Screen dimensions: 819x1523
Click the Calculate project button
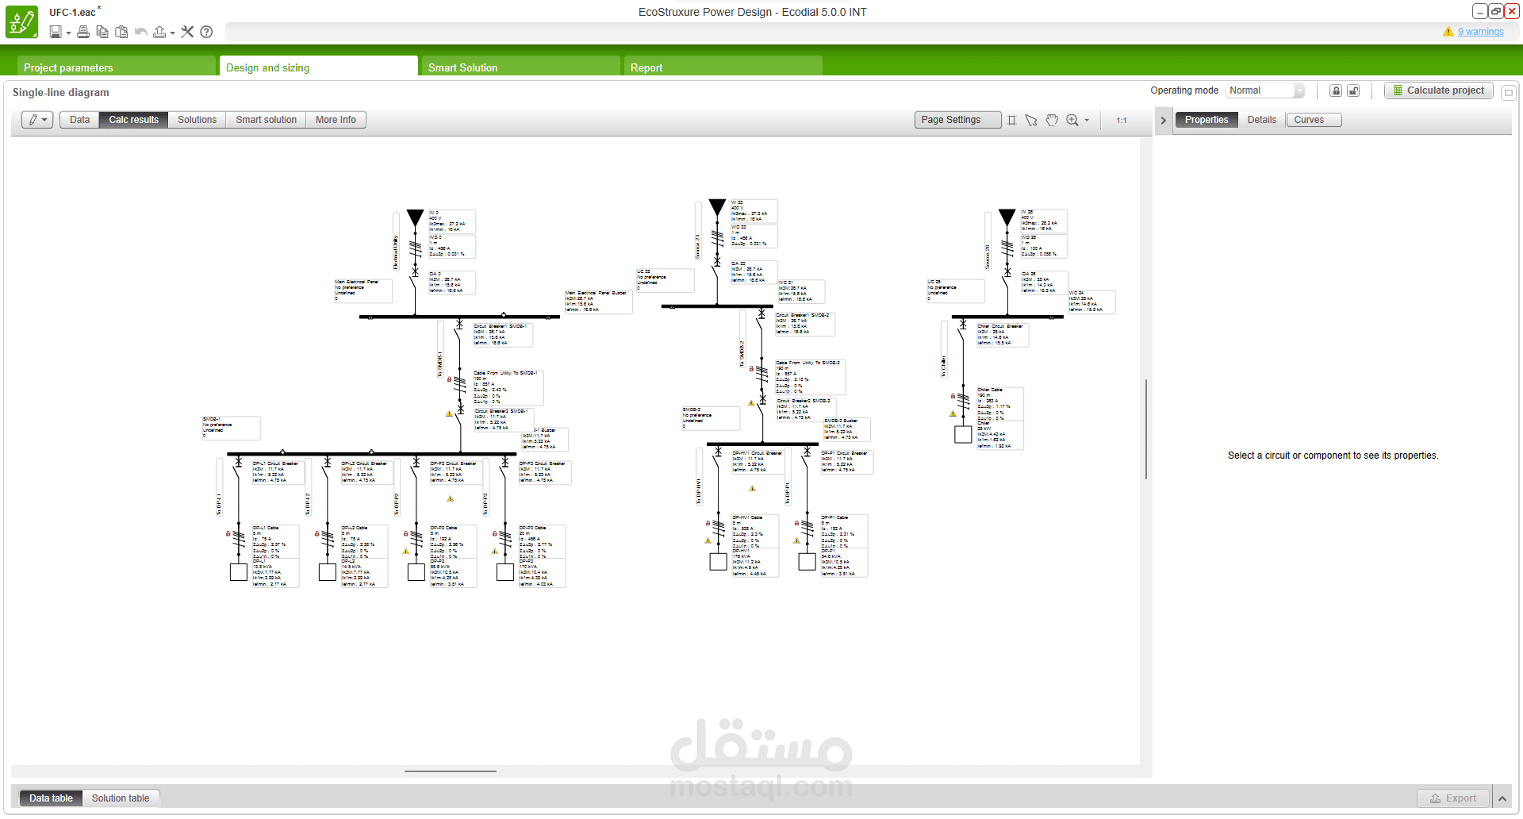pyautogui.click(x=1438, y=90)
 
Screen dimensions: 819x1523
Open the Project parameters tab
pyautogui.click(x=68, y=67)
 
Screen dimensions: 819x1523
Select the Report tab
pyautogui.click(x=646, y=67)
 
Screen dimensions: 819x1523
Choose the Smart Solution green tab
pyautogui.click(x=462, y=67)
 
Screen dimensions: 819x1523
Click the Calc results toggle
pyautogui.click(x=133, y=120)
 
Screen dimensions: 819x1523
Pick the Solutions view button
pyautogui.click(x=197, y=120)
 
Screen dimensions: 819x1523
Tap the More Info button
pyautogui.click(x=336, y=120)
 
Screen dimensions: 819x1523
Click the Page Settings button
pyautogui.click(x=950, y=120)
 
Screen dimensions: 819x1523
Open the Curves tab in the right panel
pyautogui.click(x=1309, y=120)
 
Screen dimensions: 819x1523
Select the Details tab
pyautogui.click(x=1261, y=120)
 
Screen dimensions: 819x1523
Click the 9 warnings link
pyautogui.click(x=1480, y=32)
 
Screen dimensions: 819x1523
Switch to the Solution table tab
pyautogui.click(x=120, y=798)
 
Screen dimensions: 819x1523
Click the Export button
pyautogui.click(x=1453, y=798)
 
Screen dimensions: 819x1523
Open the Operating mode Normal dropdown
pyautogui.click(x=1264, y=90)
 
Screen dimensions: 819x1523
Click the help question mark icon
pyautogui.click(x=206, y=32)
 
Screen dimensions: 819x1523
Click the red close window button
pyautogui.click(x=1512, y=11)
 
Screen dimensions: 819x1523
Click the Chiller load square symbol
pyautogui.click(x=963, y=434)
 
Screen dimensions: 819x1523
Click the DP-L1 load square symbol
pyautogui.click(x=238, y=572)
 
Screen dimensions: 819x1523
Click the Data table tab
pyautogui.click(x=51, y=798)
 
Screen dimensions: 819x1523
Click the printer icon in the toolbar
pyautogui.click(x=82, y=32)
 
